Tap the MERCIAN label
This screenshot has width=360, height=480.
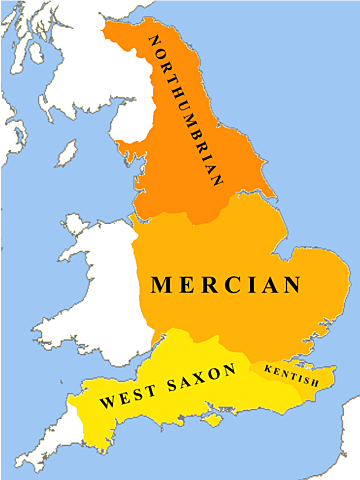[225, 285]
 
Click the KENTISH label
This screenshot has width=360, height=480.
[290, 375]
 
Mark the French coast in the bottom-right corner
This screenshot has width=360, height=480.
[345, 440]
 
